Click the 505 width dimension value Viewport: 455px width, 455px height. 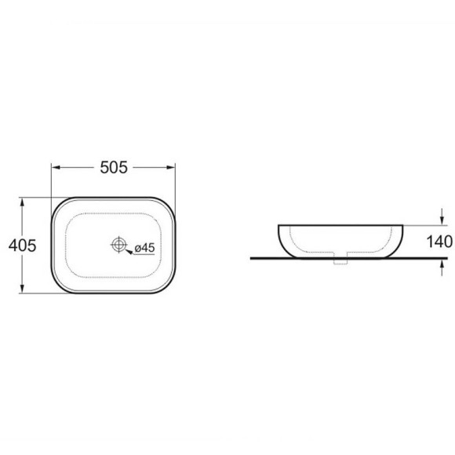coord(114,167)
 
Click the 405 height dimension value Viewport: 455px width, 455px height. coord(22,246)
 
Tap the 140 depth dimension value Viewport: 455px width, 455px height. coord(439,242)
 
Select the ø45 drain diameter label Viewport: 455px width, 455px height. coord(145,248)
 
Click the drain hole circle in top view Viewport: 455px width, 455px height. coord(118,245)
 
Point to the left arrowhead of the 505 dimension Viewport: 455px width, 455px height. coord(56,167)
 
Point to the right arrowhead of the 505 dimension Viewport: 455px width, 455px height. coord(171,167)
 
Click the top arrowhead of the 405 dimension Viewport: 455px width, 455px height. coord(22,202)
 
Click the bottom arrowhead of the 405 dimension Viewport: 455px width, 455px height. coord(22,289)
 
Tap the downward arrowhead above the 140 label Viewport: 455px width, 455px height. coord(442,220)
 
